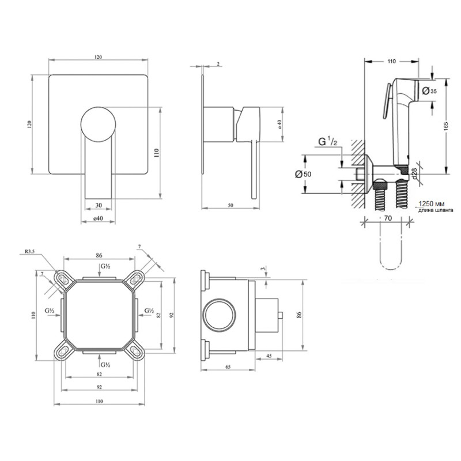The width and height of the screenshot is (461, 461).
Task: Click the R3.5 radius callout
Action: coord(33,251)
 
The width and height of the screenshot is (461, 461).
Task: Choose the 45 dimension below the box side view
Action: coord(270,355)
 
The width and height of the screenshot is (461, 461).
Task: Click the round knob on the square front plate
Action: coord(99,124)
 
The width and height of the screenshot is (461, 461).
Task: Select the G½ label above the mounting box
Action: coord(105,267)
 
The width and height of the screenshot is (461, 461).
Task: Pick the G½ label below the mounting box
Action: coord(105,364)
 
